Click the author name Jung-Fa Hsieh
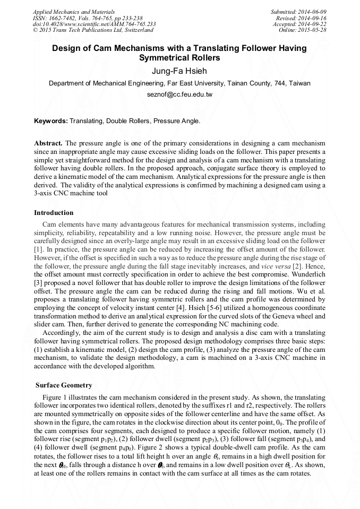[x=179, y=71]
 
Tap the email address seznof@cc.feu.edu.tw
[x=179, y=94]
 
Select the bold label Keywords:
[x=51, y=121]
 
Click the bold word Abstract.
[x=48, y=143]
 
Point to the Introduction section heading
[x=54, y=213]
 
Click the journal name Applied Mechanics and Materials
[x=73, y=12]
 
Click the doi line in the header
[x=94, y=24]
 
